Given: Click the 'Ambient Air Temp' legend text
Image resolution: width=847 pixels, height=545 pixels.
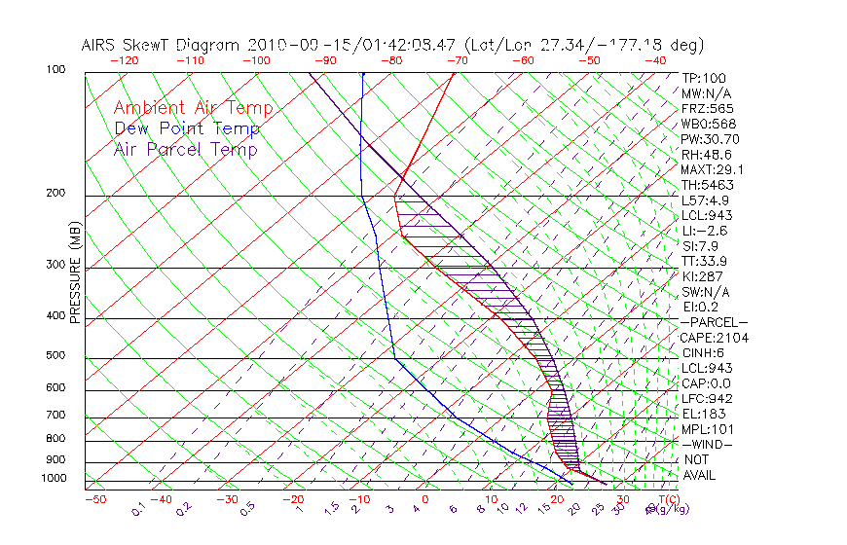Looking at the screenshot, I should click(193, 108).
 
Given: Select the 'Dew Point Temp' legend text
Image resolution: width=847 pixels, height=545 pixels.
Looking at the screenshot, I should click(186, 128).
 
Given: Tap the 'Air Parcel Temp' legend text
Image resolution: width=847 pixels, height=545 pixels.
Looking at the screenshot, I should click(185, 149).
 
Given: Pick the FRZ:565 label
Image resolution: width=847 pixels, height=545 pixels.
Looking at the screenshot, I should click(708, 108).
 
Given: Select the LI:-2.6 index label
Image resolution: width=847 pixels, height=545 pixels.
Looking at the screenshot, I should click(705, 231).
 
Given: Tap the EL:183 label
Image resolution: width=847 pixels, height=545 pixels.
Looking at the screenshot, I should click(701, 414).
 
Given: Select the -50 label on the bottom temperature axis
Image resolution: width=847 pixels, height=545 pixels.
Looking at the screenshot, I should click(94, 499).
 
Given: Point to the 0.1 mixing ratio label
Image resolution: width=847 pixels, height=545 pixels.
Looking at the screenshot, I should click(138, 509).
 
